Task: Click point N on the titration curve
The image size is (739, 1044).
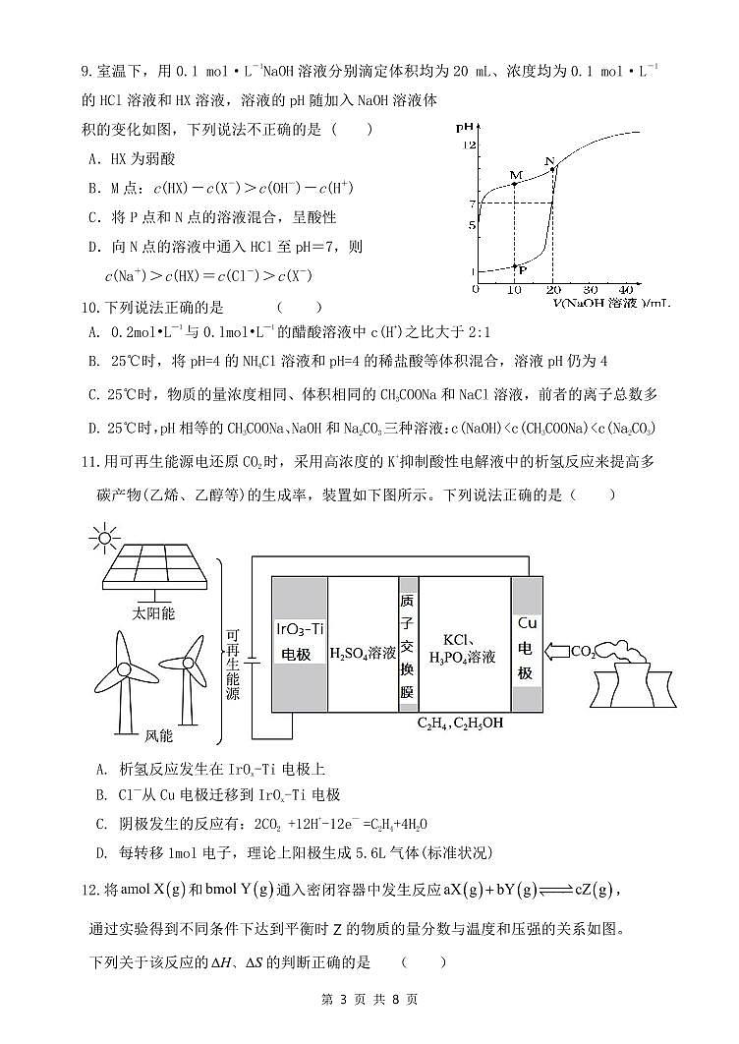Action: (552, 169)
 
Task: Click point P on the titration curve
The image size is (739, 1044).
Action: (514, 265)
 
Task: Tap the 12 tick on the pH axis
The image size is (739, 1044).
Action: (470, 145)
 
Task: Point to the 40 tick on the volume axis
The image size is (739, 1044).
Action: (626, 290)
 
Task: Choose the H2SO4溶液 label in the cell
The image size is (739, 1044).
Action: (363, 653)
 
